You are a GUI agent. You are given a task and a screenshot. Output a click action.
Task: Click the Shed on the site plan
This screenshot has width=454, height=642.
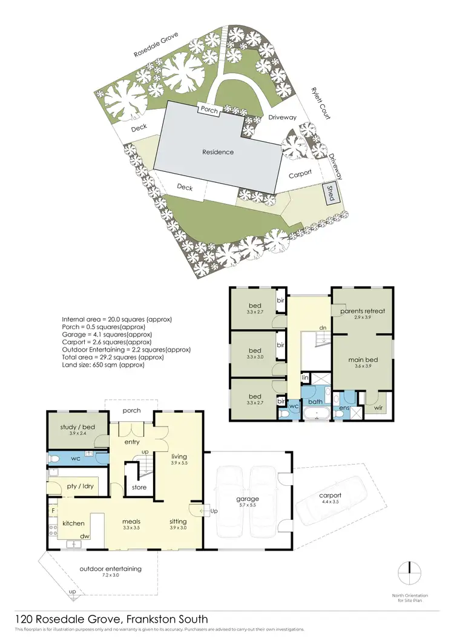click(331, 192)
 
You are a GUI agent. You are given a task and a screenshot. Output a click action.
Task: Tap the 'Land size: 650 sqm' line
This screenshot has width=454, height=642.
click(104, 365)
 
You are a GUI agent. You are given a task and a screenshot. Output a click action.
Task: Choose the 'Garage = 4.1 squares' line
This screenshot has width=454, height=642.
click(107, 334)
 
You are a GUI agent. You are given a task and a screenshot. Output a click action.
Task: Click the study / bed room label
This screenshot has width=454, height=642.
click(77, 428)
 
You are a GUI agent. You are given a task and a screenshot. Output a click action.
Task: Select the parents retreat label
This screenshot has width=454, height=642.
click(363, 312)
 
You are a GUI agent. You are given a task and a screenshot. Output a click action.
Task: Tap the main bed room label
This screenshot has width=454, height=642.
click(363, 360)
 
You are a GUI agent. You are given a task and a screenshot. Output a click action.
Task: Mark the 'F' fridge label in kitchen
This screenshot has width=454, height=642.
click(53, 511)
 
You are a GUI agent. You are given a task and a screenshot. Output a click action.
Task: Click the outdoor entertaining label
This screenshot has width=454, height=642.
click(111, 568)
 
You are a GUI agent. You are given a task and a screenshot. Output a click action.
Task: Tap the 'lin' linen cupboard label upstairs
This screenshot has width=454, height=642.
click(305, 378)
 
